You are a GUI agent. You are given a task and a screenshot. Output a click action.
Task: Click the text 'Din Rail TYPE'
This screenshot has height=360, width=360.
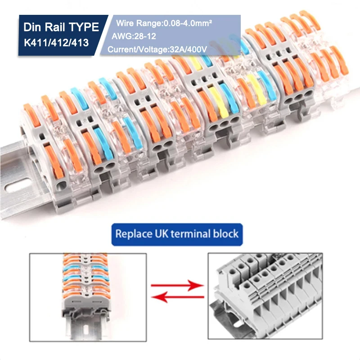(x=61, y=27)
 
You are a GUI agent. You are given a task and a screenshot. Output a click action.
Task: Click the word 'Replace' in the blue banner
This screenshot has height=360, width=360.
(x=131, y=234)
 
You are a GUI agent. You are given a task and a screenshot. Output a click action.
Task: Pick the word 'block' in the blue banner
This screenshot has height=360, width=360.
(x=225, y=234)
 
